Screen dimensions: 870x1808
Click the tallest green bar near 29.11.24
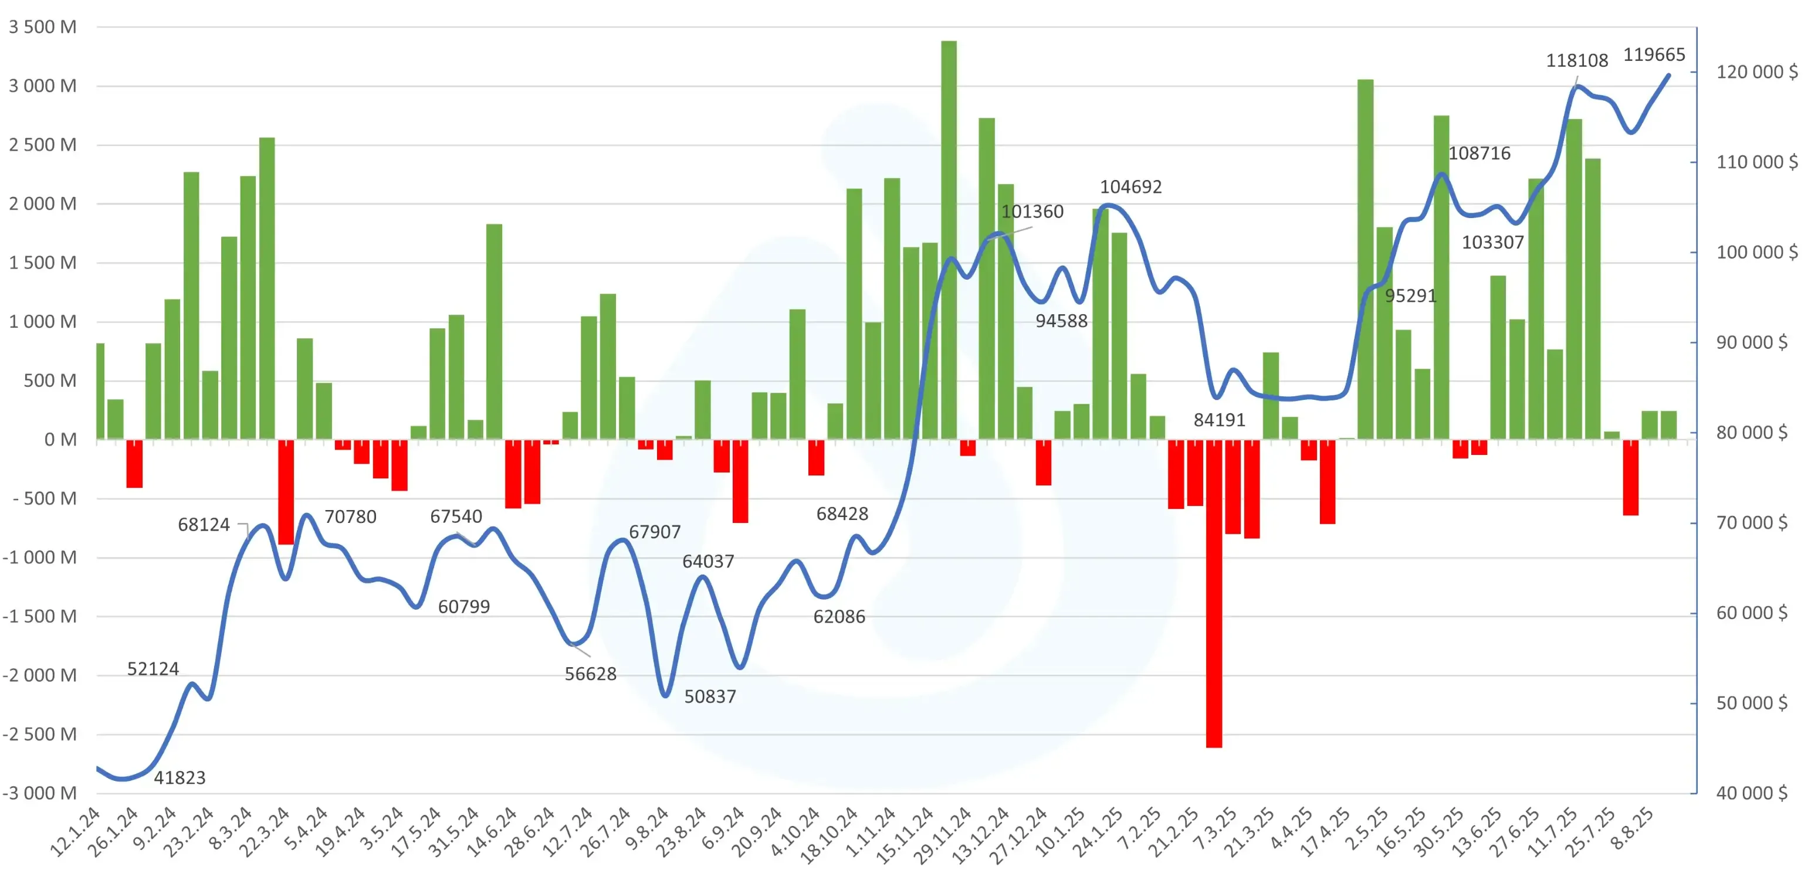[x=948, y=239]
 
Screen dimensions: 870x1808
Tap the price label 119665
[x=1654, y=55]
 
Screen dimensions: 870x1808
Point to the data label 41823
[x=180, y=777]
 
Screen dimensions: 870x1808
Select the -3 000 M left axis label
[x=40, y=793]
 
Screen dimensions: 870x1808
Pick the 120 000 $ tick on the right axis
[x=1756, y=72]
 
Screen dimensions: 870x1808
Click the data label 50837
[x=710, y=696]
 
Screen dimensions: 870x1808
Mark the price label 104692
[x=1130, y=186]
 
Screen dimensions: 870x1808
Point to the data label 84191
[x=1219, y=420]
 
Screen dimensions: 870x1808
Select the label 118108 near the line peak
[x=1576, y=60]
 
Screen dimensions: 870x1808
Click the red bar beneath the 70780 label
[x=286, y=491]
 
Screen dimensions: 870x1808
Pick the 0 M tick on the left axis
[x=60, y=440]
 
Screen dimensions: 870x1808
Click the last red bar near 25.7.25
[x=1630, y=477]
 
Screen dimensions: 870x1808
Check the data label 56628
[x=590, y=674]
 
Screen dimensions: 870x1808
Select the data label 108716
[x=1479, y=153]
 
